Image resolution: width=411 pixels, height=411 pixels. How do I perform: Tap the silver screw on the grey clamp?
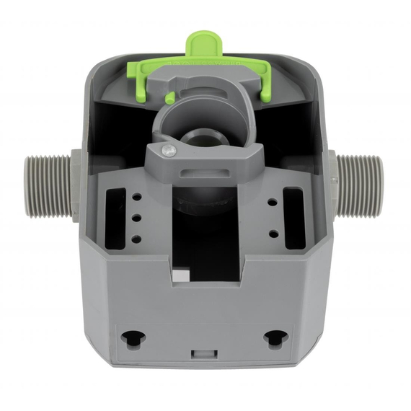tap(168, 149)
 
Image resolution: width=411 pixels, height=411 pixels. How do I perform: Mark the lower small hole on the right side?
tap(273, 234)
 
